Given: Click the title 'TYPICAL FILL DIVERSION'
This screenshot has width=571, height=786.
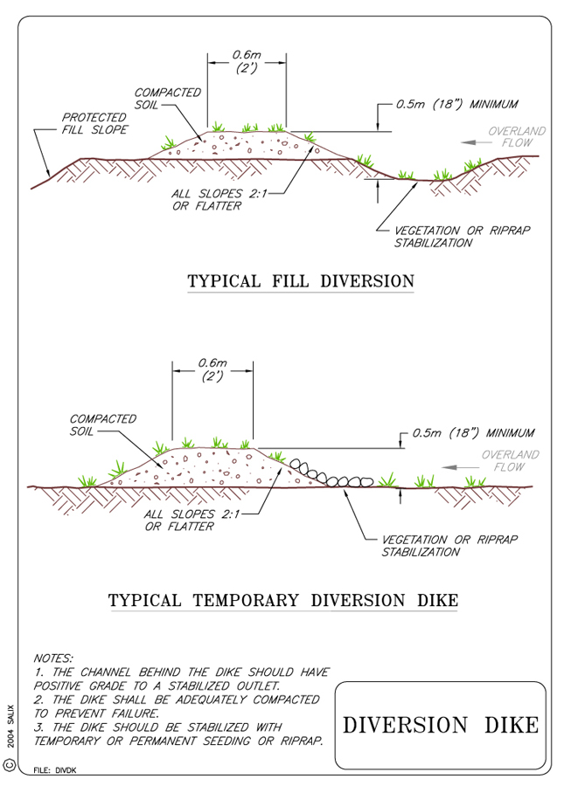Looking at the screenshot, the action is pyautogui.click(x=301, y=280).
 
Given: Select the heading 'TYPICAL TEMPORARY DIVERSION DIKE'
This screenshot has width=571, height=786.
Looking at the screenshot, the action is pyautogui.click(x=283, y=600).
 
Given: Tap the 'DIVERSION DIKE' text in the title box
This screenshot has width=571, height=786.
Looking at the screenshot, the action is pyautogui.click(x=441, y=726).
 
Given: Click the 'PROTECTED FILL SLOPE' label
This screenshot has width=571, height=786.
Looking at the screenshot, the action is pyautogui.click(x=94, y=123).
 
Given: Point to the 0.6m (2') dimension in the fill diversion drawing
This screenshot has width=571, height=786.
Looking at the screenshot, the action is pyautogui.click(x=247, y=62).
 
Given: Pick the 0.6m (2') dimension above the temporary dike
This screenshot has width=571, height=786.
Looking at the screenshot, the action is pyautogui.click(x=212, y=369).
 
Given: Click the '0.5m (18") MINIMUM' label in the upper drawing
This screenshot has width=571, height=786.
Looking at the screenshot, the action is pyautogui.click(x=456, y=104).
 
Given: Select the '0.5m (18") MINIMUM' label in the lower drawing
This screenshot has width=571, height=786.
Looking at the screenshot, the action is pyautogui.click(x=473, y=432).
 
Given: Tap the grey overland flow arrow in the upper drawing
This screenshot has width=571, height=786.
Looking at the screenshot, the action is pyautogui.click(x=477, y=142).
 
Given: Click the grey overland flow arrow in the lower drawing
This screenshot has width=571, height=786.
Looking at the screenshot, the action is pyautogui.click(x=460, y=467).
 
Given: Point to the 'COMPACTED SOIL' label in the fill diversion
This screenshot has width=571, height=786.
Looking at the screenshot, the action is pyautogui.click(x=167, y=99).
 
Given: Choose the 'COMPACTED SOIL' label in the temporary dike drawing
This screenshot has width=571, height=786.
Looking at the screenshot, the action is pyautogui.click(x=103, y=424).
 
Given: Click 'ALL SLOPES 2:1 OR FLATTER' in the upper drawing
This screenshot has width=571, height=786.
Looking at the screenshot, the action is pyautogui.click(x=219, y=199).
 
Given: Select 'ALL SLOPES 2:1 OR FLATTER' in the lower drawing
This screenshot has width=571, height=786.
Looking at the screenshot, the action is pyautogui.click(x=191, y=520).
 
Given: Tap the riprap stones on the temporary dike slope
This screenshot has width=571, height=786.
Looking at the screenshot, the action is pyautogui.click(x=331, y=474).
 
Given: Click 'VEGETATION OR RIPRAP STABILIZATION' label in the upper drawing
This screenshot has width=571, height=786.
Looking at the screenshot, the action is pyautogui.click(x=462, y=237).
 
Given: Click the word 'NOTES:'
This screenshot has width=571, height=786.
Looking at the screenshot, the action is pyautogui.click(x=53, y=658).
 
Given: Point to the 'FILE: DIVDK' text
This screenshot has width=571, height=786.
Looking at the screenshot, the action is pyautogui.click(x=55, y=770).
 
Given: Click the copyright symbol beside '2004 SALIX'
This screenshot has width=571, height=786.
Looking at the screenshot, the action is pyautogui.click(x=10, y=765).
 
